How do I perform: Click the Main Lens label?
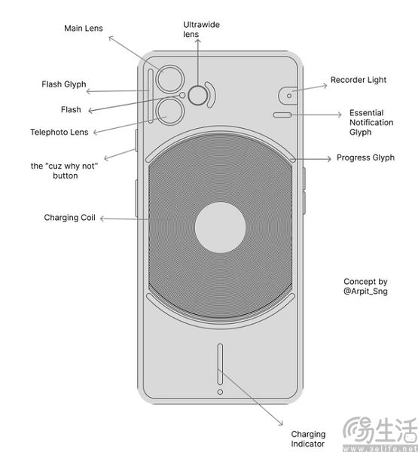click(x=83, y=29)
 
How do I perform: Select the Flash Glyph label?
click(x=62, y=84)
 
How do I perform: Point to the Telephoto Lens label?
click(x=59, y=132)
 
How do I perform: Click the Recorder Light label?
click(x=359, y=80)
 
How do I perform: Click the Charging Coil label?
click(x=71, y=218)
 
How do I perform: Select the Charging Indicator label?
click(x=308, y=439)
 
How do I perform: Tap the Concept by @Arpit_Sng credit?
click(x=365, y=286)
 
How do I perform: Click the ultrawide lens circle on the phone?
click(x=199, y=95)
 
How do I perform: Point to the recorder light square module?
click(x=288, y=95)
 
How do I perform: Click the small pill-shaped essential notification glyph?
click(x=282, y=115)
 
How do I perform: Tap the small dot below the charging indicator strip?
click(x=219, y=392)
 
